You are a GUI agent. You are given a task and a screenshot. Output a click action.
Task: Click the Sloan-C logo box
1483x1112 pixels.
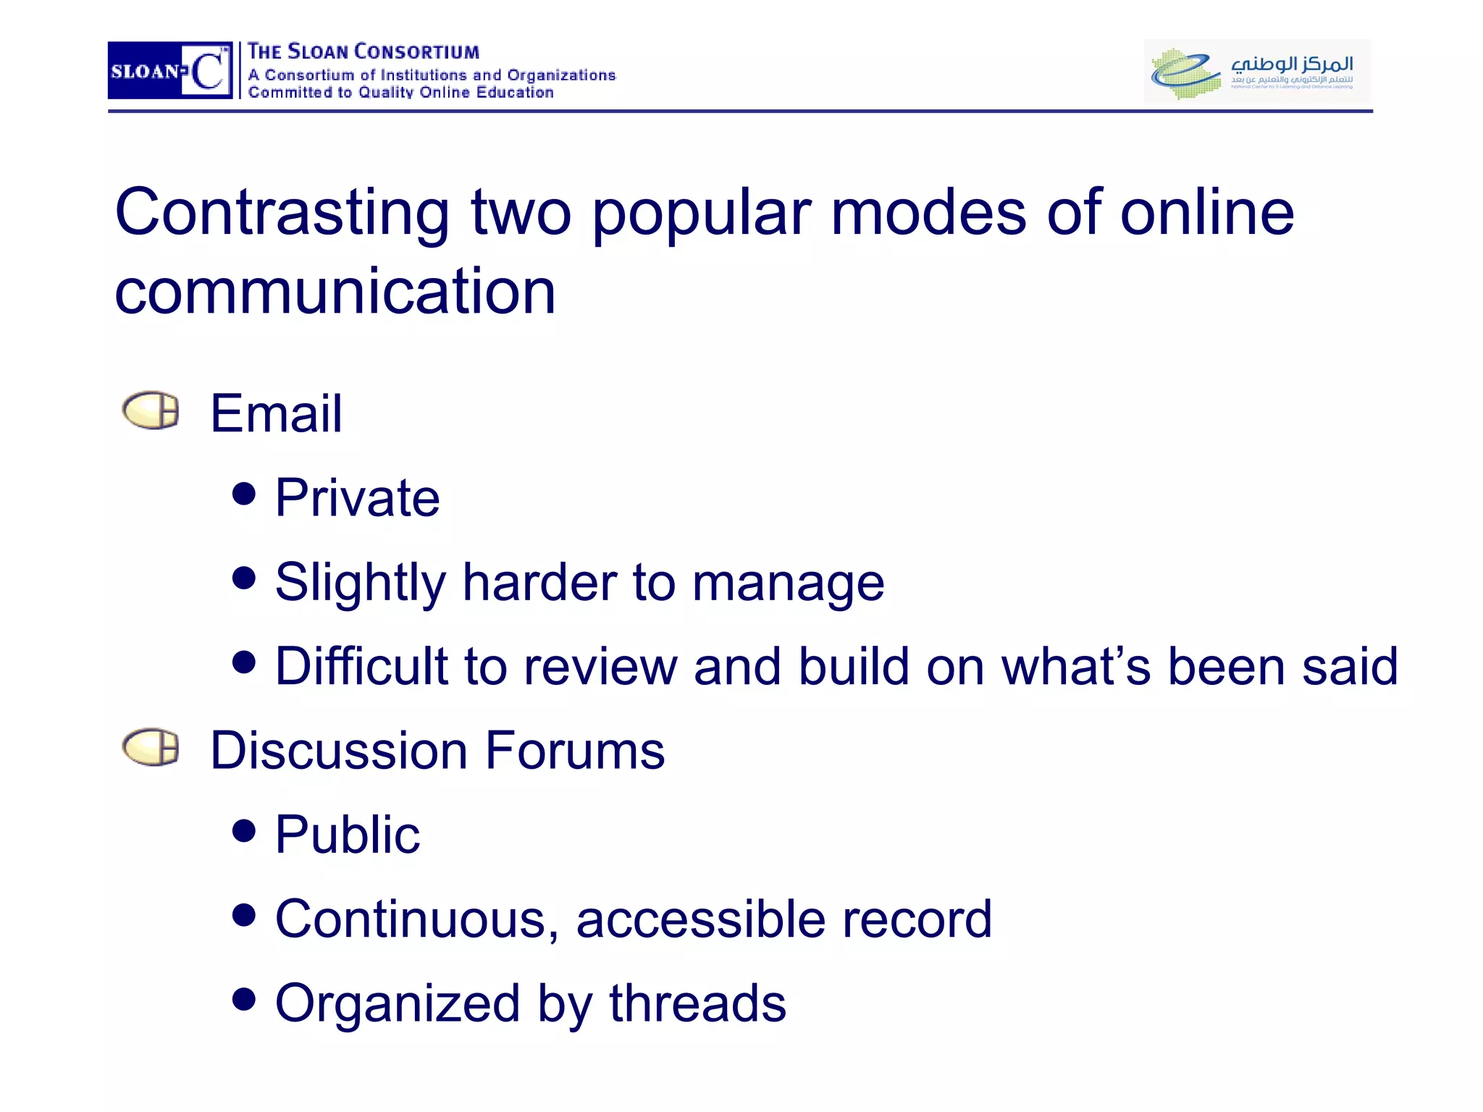point(169,70)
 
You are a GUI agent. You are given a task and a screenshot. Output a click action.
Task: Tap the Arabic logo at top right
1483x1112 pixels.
point(1257,71)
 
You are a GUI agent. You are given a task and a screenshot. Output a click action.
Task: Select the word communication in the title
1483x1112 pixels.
point(335,291)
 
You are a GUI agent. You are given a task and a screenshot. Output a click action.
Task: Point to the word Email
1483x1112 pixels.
point(276,413)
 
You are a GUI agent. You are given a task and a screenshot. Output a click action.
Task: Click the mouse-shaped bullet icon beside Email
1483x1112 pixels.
point(151,410)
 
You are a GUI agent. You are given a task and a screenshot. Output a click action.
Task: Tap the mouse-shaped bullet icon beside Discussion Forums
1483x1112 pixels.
point(151,747)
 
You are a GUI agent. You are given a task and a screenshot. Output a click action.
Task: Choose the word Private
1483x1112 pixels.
point(358,498)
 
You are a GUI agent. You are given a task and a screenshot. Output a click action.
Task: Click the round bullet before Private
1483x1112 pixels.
point(244,494)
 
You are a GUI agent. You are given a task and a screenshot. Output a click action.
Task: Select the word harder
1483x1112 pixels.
point(539,582)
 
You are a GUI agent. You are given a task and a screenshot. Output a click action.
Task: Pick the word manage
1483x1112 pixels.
point(788,584)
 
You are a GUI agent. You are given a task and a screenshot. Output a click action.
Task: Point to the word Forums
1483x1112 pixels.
point(575,750)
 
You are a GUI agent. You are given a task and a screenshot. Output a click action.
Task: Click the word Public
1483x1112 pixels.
point(348,835)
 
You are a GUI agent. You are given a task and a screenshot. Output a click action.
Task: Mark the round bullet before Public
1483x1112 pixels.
point(244,830)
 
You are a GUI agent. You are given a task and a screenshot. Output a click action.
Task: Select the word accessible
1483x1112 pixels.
point(700,919)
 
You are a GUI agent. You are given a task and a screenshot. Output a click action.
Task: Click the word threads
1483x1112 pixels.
point(697,1003)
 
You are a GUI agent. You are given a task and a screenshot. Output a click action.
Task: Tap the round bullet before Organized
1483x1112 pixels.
point(244,999)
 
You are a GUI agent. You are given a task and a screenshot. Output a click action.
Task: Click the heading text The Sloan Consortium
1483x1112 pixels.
point(364,52)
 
